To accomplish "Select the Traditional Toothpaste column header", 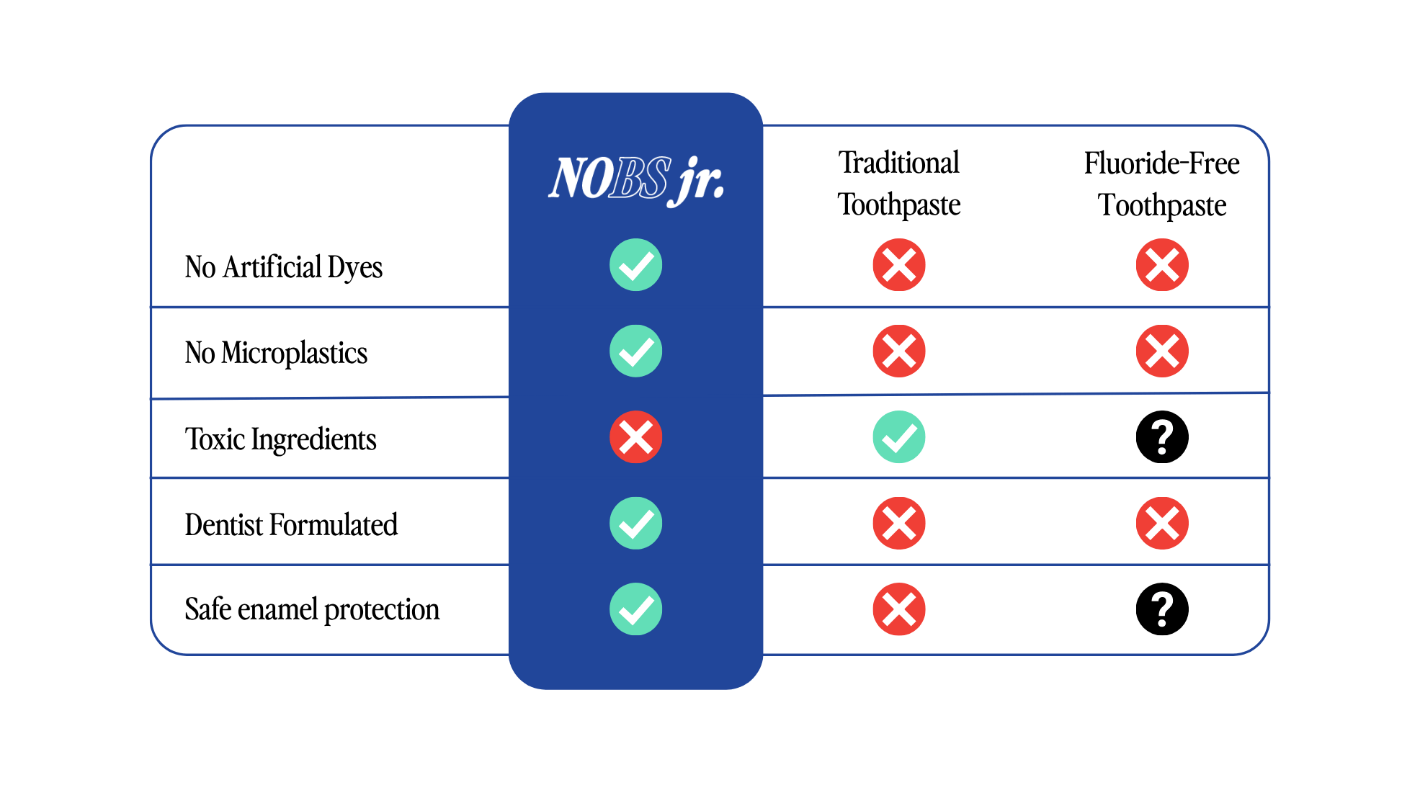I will (898, 184).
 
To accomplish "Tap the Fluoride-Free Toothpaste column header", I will (1161, 184).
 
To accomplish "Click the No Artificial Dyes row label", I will (283, 267).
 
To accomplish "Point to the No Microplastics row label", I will (276, 353).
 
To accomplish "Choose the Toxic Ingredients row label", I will (280, 439).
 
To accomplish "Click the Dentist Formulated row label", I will (291, 524).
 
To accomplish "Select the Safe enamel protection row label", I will (312, 609).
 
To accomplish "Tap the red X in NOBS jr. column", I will (635, 437).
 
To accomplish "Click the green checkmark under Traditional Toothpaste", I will (898, 437).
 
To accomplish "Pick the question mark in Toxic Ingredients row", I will (1161, 437).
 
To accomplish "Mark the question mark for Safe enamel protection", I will (1161, 609).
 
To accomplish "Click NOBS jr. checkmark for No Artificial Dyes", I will (635, 265).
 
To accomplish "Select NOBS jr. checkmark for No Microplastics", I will (635, 351).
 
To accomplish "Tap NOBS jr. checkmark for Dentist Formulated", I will (635, 524).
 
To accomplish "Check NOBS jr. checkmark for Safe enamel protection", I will (635, 609).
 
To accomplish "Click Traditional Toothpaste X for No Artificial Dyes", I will (898, 265).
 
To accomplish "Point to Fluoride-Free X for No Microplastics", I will (1161, 351).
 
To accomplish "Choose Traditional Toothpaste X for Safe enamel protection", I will (898, 609).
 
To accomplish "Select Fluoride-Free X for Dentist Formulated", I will (1161, 524).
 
